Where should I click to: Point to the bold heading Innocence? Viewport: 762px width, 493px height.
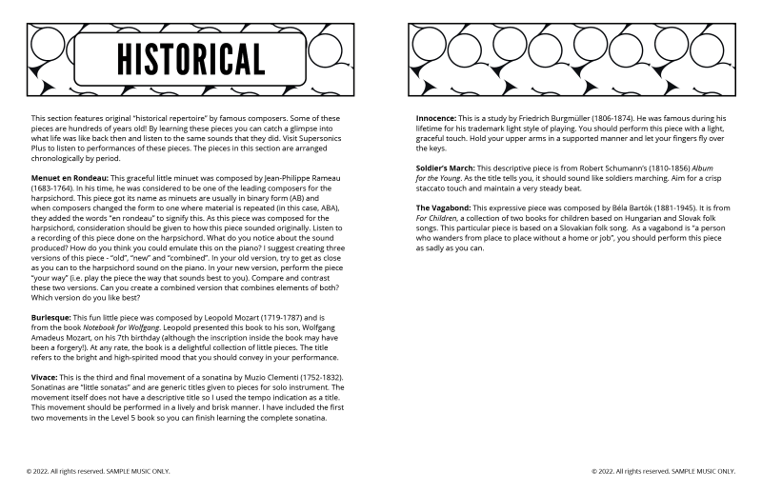click(x=440, y=118)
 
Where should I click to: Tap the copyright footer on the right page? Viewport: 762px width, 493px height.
click(x=663, y=470)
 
